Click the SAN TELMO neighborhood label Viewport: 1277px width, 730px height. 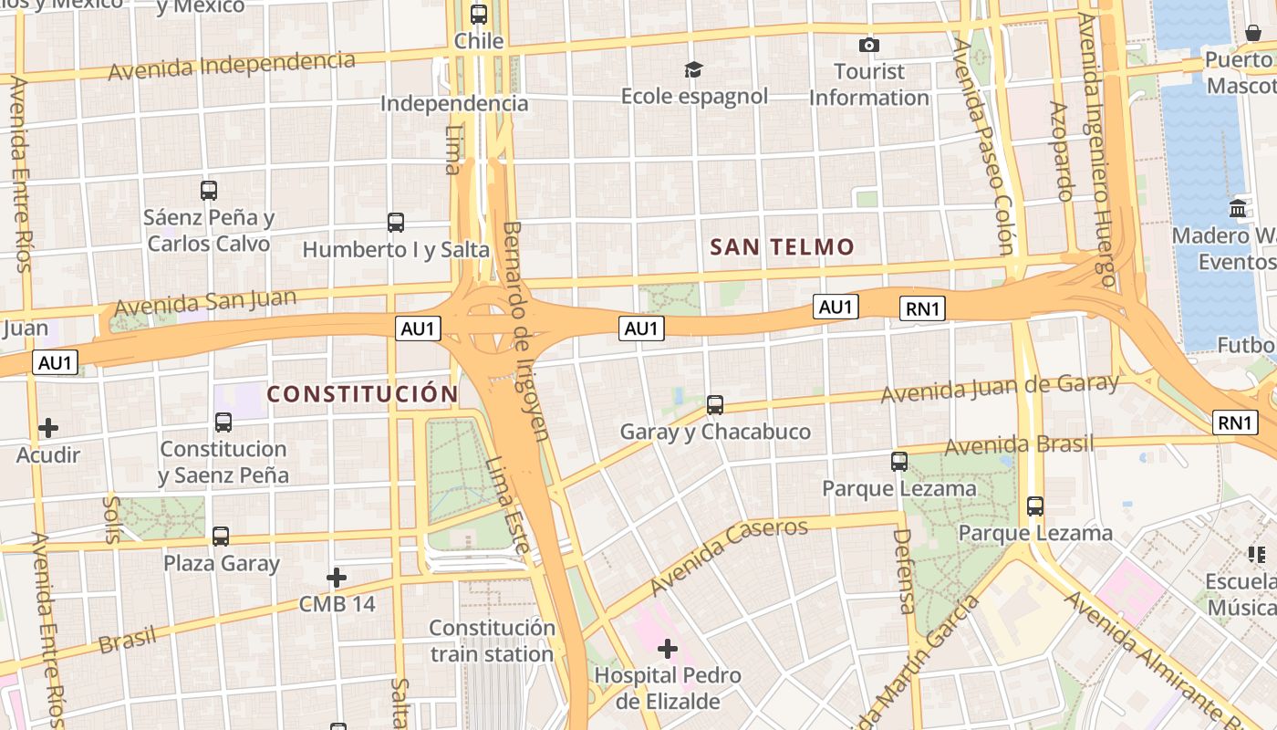(782, 246)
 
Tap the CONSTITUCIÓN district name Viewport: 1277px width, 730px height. (362, 394)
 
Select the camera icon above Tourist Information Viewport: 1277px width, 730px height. (869, 45)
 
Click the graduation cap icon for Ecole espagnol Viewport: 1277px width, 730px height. (694, 69)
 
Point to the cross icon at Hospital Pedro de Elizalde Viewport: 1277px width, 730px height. (668, 649)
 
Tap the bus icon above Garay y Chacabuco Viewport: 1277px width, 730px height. (715, 404)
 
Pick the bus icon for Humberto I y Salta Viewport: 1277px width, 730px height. (395, 222)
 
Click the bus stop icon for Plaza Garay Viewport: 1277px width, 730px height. (221, 536)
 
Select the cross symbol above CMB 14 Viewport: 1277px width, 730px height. (337, 577)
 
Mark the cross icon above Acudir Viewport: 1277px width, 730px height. (48, 427)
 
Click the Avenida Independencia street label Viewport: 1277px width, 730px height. (232, 65)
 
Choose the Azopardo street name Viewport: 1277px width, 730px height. (1061, 151)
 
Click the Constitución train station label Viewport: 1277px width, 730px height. (492, 641)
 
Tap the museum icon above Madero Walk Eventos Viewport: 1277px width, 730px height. (1238, 208)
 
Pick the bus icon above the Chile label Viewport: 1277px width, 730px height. (479, 15)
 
